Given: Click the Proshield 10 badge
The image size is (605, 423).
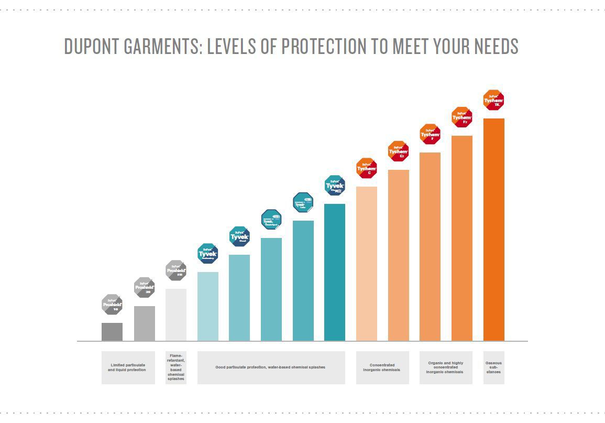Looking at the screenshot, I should click(112, 304).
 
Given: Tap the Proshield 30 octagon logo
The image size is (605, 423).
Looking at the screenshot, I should click(144, 287).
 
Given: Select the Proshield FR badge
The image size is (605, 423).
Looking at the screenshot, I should click(175, 270).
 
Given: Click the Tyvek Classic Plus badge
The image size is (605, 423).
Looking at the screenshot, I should click(335, 186).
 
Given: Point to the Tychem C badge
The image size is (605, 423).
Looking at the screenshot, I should click(367, 168).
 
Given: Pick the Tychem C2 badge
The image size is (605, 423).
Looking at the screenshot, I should click(398, 151).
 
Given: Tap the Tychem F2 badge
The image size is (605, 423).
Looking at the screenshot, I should click(462, 117).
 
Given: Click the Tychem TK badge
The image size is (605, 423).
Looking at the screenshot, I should click(493, 100).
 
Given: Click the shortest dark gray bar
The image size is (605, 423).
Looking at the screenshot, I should click(112, 332).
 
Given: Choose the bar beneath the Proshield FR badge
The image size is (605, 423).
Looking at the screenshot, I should click(175, 314).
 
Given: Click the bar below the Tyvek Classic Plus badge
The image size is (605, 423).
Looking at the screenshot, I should click(335, 272).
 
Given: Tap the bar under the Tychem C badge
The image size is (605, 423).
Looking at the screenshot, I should click(367, 264).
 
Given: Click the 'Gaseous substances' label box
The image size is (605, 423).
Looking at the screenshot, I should click(493, 367).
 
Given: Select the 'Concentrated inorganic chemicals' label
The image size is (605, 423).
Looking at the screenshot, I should click(382, 367).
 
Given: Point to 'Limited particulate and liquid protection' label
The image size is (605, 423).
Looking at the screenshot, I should click(128, 367).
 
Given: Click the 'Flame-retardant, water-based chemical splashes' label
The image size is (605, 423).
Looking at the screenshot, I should click(175, 367).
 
